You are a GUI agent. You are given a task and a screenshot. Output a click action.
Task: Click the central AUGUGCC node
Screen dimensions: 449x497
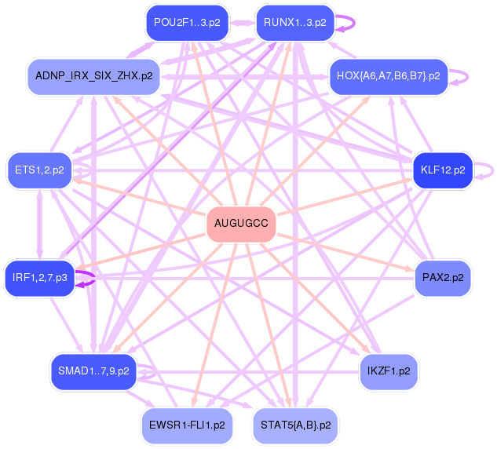pos(241,224)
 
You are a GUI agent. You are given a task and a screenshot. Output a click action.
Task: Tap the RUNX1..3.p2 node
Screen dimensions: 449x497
pos(295,22)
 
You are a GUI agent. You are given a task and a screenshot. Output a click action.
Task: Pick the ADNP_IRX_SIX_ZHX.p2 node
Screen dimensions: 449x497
pos(93,76)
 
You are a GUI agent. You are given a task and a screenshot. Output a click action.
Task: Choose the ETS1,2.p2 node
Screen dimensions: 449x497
pos(39,169)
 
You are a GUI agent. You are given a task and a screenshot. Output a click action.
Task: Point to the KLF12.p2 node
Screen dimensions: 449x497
pos(443,169)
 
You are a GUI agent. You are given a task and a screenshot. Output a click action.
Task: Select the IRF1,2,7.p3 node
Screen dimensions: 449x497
pos(39,277)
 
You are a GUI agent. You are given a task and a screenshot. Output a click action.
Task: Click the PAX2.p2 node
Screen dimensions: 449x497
pos(443,277)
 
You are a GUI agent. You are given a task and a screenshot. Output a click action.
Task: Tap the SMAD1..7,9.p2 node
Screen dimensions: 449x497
pos(93,370)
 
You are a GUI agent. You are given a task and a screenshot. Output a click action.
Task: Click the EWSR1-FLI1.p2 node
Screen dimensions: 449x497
pos(187,425)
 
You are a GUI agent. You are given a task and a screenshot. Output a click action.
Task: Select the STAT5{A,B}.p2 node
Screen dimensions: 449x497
pos(295,425)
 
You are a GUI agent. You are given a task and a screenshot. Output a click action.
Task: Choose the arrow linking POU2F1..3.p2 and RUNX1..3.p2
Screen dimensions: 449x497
pos(241,22)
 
